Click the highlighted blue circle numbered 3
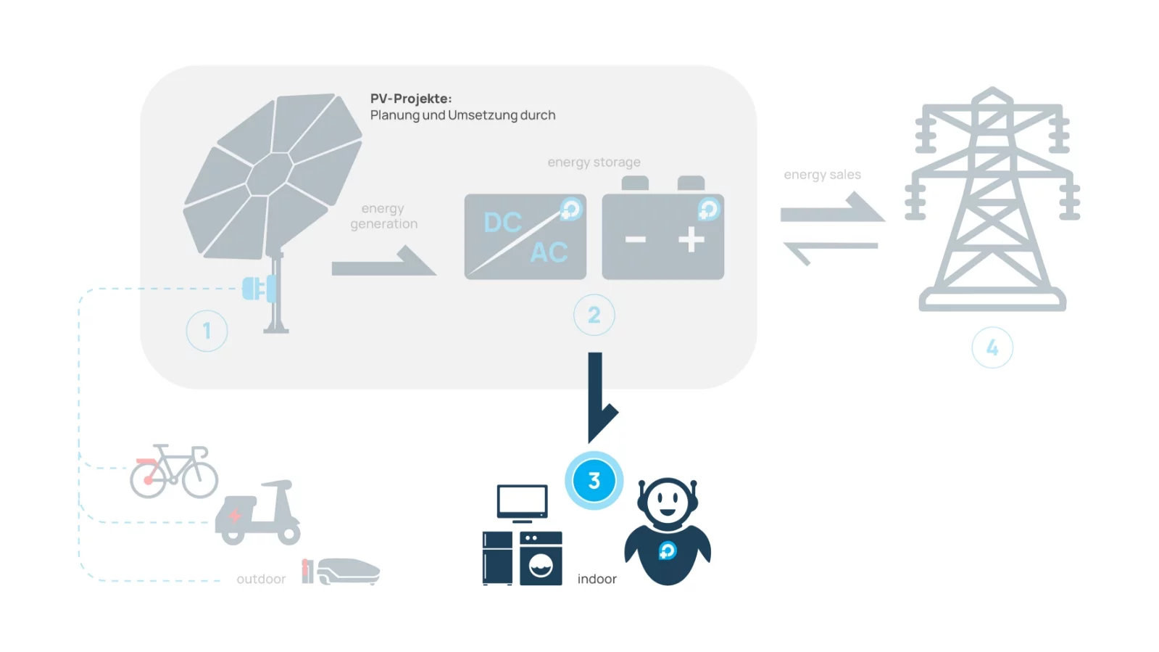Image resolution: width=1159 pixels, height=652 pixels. [x=594, y=480]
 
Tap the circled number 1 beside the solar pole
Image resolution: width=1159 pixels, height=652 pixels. [x=207, y=331]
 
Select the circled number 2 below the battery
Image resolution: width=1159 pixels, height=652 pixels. [x=594, y=315]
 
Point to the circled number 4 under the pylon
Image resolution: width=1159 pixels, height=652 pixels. [x=992, y=348]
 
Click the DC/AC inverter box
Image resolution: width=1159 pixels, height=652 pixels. [x=525, y=236]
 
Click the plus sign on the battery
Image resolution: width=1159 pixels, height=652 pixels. [x=691, y=240]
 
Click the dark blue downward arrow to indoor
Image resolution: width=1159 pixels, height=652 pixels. [x=597, y=395]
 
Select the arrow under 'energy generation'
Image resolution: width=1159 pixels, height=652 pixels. [x=384, y=263]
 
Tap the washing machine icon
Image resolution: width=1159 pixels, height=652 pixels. [x=541, y=558]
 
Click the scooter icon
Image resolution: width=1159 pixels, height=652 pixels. [x=259, y=513]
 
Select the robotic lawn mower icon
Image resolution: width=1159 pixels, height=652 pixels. [x=346, y=571]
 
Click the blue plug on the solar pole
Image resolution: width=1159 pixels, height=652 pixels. [x=257, y=289]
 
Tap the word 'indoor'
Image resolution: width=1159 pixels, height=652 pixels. [x=597, y=579]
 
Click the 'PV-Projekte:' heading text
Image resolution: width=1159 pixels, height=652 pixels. [x=410, y=99]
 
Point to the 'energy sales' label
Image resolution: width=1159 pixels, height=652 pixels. [x=822, y=175]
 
